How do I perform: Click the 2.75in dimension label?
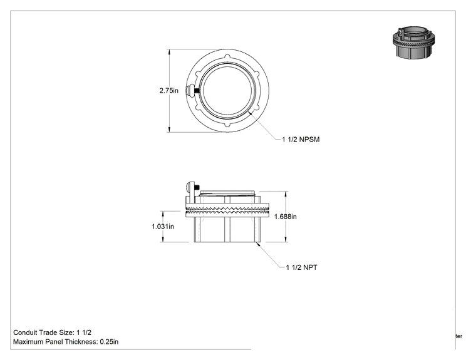[169, 91]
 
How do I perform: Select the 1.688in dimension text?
[286, 217]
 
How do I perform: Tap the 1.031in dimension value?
[163, 227]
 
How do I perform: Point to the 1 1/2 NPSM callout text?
[301, 140]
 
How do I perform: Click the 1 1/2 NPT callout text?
[302, 267]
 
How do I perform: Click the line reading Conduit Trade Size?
[53, 332]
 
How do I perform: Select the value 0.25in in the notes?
[109, 342]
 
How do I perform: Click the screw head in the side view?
[188, 187]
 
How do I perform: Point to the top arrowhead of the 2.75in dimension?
[169, 52]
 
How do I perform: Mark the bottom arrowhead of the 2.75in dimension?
[169, 129]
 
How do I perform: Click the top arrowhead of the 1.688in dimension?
[286, 194]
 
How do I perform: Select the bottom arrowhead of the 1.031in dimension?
[163, 239]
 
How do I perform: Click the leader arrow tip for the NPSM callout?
[251, 113]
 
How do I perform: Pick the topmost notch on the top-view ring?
[227, 57]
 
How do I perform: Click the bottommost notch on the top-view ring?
[227, 125]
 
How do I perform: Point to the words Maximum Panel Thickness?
[55, 342]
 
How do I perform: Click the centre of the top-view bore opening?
[227, 91]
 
